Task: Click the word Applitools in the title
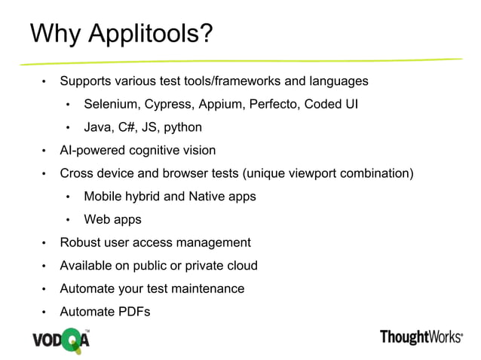click(x=150, y=35)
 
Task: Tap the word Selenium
click(x=111, y=104)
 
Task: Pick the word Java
click(x=97, y=127)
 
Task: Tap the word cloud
click(x=241, y=266)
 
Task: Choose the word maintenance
click(x=210, y=288)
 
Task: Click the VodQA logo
click(x=60, y=338)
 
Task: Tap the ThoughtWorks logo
click(x=421, y=337)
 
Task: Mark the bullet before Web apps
click(x=68, y=221)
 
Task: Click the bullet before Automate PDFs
click(x=44, y=313)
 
